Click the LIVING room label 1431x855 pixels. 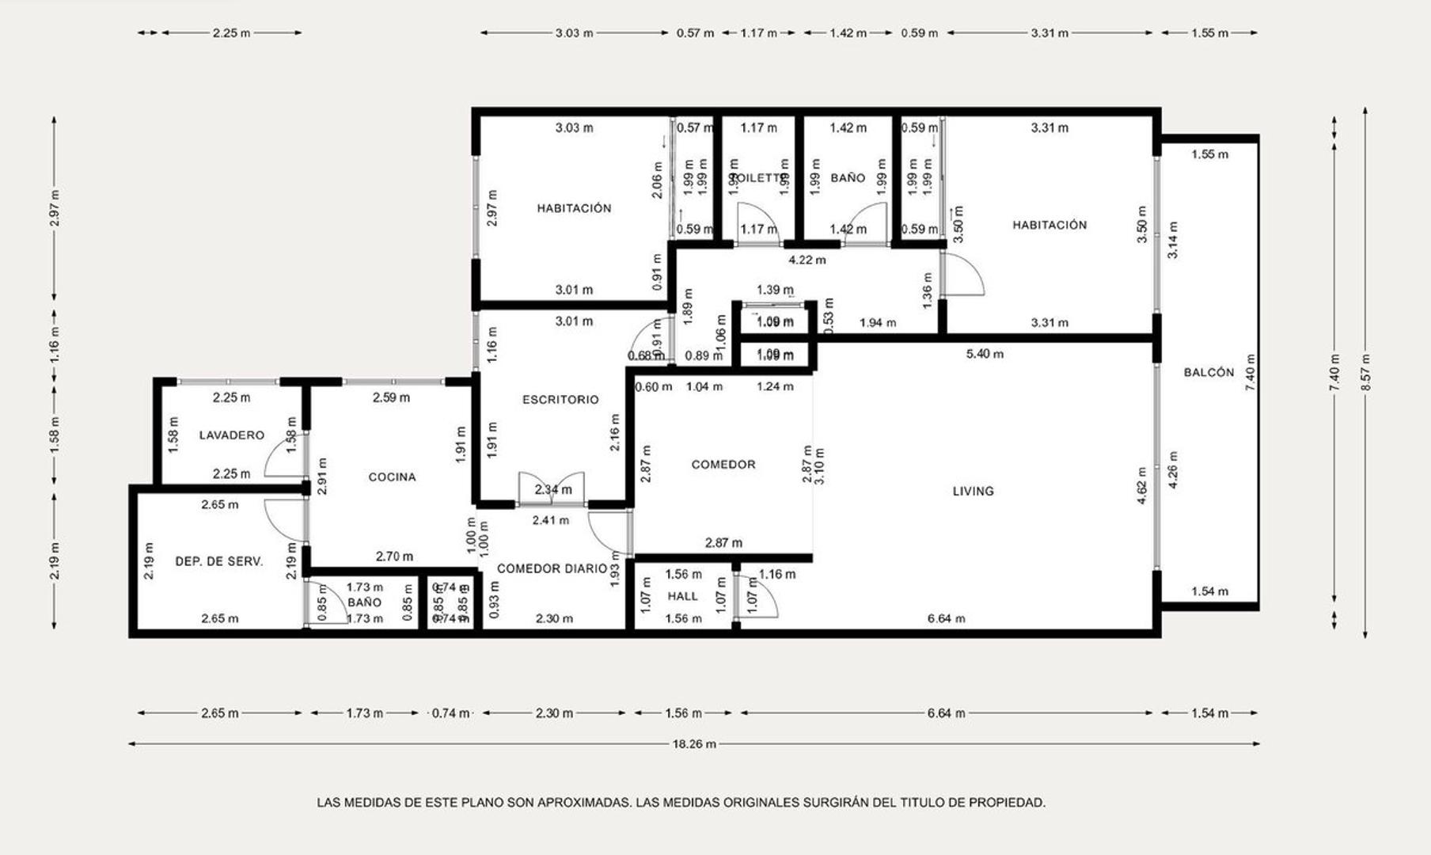point(973,491)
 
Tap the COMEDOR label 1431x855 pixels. point(723,465)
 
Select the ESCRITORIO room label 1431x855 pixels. point(560,400)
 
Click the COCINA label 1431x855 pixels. point(392,477)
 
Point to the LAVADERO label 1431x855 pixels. point(231,435)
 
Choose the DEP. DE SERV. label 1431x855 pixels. point(218,561)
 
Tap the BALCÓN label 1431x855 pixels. point(1209,372)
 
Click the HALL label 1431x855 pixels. point(682,596)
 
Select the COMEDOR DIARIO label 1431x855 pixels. point(552,568)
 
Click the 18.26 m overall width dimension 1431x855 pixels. point(694,743)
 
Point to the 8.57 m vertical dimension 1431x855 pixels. point(1365,371)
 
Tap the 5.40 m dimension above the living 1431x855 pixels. point(985,354)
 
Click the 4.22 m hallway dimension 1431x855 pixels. point(807,260)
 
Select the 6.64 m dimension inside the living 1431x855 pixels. point(946,618)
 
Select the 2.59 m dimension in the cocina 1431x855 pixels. point(391,397)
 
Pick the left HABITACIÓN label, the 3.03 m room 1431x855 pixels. point(574,208)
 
